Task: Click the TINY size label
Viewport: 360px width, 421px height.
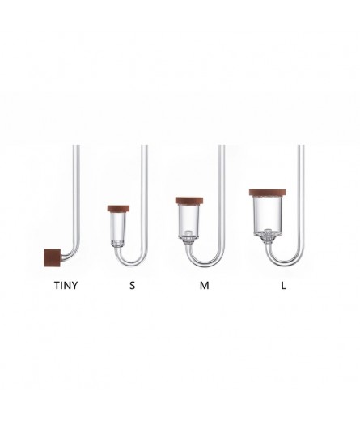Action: (66, 285)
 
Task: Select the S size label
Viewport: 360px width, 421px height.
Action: (132, 285)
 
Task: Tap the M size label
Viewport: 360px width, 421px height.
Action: (205, 285)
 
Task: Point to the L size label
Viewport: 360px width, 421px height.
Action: (283, 285)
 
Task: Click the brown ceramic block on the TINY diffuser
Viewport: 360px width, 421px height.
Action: (53, 257)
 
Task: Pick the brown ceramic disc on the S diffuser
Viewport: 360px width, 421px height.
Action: (118, 209)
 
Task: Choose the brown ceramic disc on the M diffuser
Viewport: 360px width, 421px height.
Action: (189, 201)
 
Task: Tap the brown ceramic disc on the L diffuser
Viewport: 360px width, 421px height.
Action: (268, 193)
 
